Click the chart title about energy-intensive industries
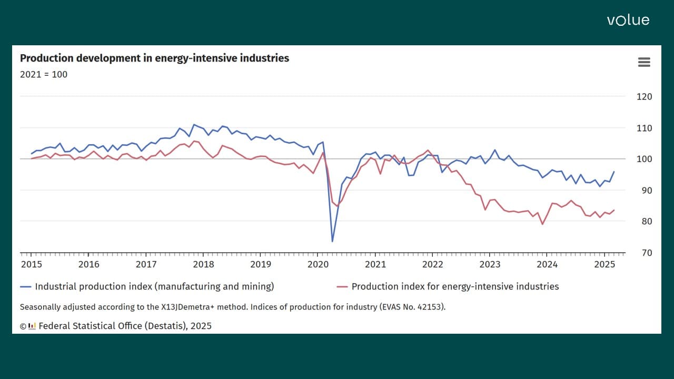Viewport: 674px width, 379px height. (x=154, y=58)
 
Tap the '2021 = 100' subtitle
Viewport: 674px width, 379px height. (x=44, y=75)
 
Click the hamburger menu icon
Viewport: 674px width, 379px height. (x=644, y=62)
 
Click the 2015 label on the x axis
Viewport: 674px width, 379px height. (x=31, y=264)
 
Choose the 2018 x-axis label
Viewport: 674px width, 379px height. (x=203, y=264)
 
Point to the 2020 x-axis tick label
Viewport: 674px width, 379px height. (x=318, y=264)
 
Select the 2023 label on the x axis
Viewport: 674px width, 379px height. (x=490, y=264)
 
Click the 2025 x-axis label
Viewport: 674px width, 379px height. (x=604, y=264)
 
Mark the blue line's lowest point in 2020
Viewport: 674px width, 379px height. (x=332, y=241)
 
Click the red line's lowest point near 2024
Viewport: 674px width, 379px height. (x=542, y=224)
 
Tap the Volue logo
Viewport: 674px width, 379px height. (x=628, y=21)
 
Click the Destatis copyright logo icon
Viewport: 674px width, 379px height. (x=32, y=326)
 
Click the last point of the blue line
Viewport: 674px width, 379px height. (x=614, y=172)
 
